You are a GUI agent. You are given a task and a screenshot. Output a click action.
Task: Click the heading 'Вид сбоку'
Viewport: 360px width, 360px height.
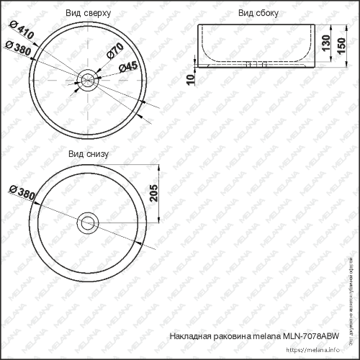[258, 13]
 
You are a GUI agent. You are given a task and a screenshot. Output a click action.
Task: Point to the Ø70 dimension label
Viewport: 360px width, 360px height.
[114, 53]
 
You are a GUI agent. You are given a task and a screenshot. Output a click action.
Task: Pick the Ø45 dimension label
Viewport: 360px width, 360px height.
[127, 66]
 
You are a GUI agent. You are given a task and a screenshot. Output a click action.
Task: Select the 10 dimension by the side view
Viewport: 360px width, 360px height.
[190, 78]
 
